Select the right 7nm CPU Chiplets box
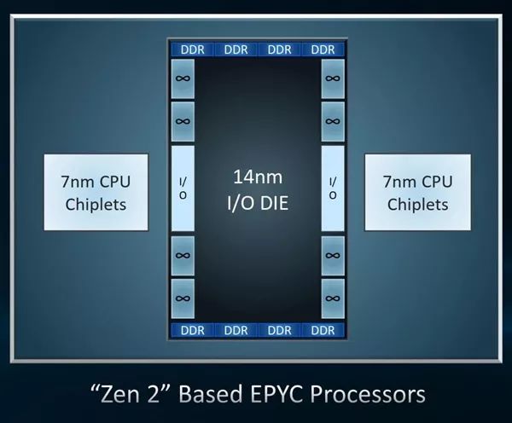[417, 192]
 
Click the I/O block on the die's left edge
[183, 188]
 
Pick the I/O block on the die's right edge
[332, 188]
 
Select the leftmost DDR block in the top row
[193, 49]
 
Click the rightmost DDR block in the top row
[323, 49]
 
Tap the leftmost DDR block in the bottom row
[193, 330]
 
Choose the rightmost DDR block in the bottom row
[323, 330]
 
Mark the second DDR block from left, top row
[236, 49]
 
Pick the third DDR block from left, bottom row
[280, 330]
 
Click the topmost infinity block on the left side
[183, 78]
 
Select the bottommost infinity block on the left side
[183, 298]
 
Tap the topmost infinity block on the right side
[332, 78]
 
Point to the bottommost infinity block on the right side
[332, 298]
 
